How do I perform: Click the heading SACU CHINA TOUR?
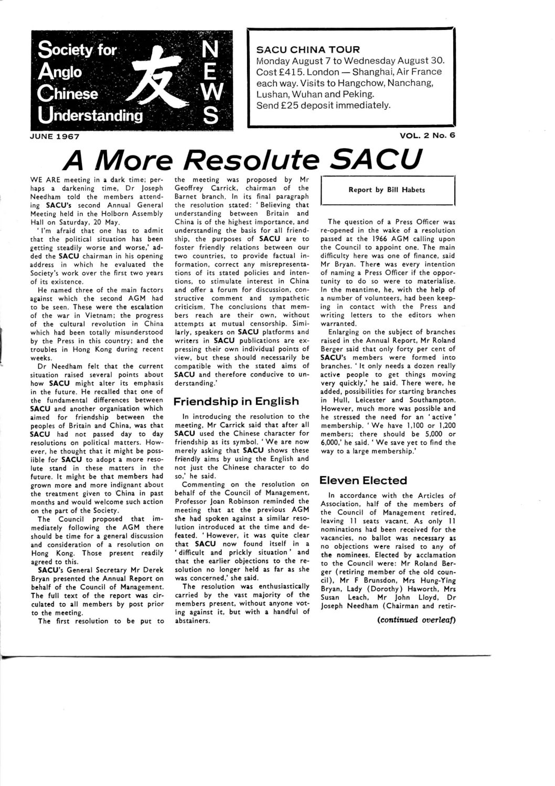307,50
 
